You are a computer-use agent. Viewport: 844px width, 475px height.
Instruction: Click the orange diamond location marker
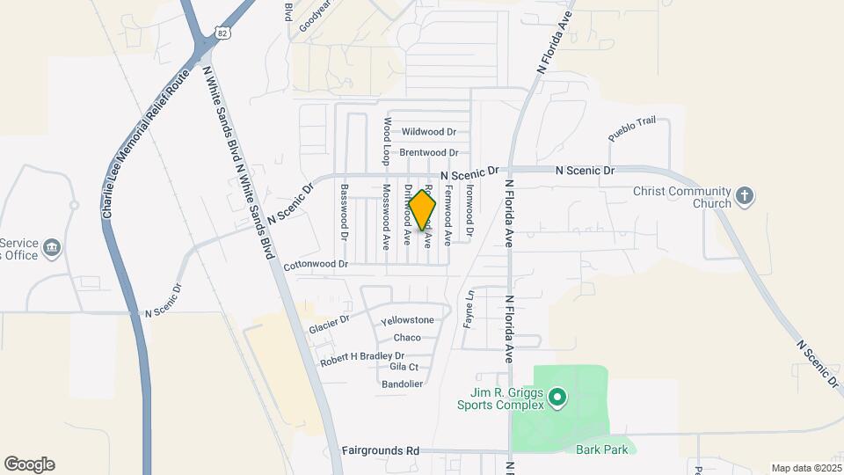(423, 210)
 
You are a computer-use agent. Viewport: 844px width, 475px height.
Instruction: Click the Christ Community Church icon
(744, 195)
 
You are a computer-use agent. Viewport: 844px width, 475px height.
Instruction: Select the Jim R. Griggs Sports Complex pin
(557, 398)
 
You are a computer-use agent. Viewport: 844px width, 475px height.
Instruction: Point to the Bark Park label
(600, 449)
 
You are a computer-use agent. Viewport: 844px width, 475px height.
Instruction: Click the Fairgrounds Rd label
(380, 450)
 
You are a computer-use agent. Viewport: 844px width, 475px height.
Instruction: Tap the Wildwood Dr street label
(429, 132)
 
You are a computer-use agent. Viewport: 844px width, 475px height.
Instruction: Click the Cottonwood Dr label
(316, 264)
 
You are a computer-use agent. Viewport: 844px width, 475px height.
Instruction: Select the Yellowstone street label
(407, 320)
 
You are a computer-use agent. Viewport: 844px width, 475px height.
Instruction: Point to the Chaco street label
(407, 338)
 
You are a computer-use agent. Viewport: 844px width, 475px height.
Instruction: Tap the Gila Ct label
(404, 367)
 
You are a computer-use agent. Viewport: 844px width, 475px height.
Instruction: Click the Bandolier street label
(403, 384)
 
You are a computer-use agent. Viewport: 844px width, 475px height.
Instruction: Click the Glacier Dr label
(330, 324)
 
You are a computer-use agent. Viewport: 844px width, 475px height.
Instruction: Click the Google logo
(29, 464)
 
